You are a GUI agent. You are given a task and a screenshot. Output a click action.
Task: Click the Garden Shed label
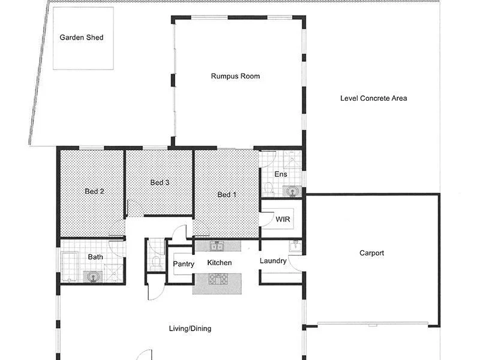click(x=82, y=38)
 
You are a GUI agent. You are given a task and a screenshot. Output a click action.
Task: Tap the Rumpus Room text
click(x=235, y=76)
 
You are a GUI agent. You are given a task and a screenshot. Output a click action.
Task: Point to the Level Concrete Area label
click(x=373, y=98)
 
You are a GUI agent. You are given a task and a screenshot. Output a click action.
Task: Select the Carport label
click(x=371, y=253)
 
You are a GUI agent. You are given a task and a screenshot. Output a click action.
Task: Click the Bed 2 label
click(x=94, y=191)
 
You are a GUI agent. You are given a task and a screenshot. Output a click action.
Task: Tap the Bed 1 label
click(x=227, y=194)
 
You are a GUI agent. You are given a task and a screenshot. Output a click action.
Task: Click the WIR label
click(x=283, y=220)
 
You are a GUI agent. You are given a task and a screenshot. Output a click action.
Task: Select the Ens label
click(x=281, y=175)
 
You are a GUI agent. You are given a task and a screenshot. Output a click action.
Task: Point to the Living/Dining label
click(x=189, y=329)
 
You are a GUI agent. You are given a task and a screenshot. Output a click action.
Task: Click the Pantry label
click(x=183, y=264)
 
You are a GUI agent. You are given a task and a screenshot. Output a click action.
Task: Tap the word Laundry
click(x=273, y=261)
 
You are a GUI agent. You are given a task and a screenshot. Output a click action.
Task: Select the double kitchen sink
click(x=216, y=246)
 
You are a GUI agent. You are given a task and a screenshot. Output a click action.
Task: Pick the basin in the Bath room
click(x=91, y=277)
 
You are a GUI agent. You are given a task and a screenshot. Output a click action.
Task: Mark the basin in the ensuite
click(x=292, y=191)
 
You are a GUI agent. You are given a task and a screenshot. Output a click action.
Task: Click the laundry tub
click(x=294, y=245)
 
